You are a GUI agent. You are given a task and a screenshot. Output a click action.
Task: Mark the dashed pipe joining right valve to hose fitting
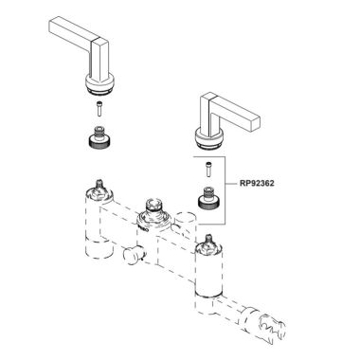251,319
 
